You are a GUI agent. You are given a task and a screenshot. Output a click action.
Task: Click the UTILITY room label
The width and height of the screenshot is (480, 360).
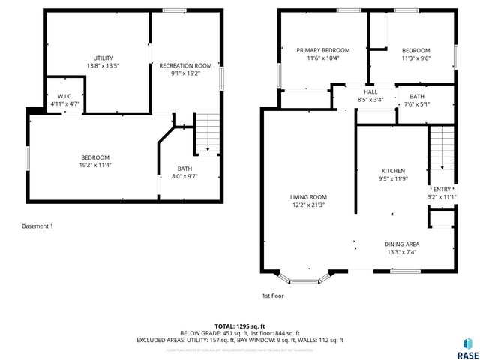(x=103, y=58)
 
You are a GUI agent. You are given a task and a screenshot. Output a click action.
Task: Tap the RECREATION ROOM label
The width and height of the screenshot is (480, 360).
(x=185, y=66)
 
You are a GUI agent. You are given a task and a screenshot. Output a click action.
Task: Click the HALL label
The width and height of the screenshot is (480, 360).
(x=370, y=91)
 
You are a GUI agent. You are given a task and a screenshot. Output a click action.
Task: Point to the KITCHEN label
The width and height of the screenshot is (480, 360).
(x=392, y=171)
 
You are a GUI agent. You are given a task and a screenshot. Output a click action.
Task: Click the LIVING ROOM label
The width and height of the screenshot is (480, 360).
(x=308, y=197)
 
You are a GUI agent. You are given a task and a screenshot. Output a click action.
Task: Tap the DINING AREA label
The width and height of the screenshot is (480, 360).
(x=401, y=244)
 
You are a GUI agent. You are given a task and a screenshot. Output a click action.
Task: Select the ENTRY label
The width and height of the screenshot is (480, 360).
(x=442, y=189)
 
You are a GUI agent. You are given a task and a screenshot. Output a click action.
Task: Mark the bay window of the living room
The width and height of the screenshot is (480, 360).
(x=307, y=279)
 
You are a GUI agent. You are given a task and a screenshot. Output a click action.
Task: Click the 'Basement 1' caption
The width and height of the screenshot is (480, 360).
(x=37, y=226)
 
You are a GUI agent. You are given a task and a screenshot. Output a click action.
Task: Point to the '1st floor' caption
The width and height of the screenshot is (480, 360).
(x=272, y=295)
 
